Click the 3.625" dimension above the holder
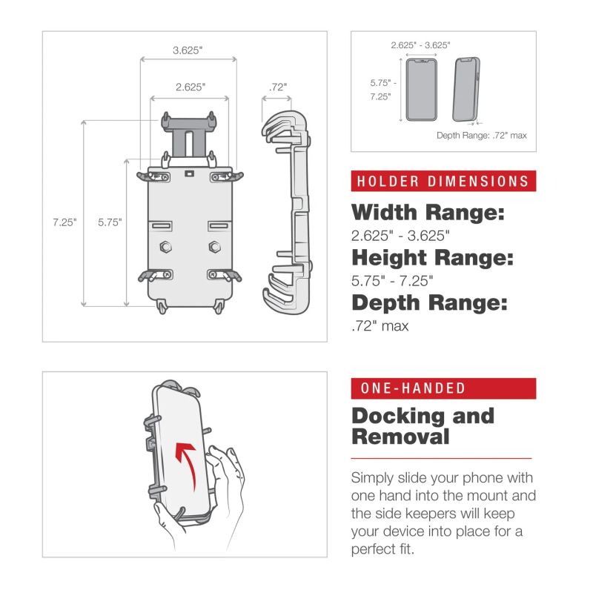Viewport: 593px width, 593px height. pos(188,50)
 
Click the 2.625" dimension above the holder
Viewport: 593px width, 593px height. pos(191,87)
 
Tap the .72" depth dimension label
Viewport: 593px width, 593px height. pos(278,87)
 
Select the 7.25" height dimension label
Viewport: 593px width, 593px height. pos(64,221)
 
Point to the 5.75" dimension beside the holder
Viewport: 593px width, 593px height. pos(110,221)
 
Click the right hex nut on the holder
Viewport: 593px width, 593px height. pos(215,246)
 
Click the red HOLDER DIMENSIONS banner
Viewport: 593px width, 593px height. pos(443,181)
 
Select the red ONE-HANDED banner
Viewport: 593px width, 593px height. pos(443,388)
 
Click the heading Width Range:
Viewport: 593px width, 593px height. pos(428,214)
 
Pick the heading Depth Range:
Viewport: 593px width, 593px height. pos(429,302)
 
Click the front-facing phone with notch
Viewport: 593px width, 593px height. pos(421,90)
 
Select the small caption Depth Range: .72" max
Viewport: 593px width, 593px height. pos(481,135)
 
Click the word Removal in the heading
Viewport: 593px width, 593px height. pos(400,437)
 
